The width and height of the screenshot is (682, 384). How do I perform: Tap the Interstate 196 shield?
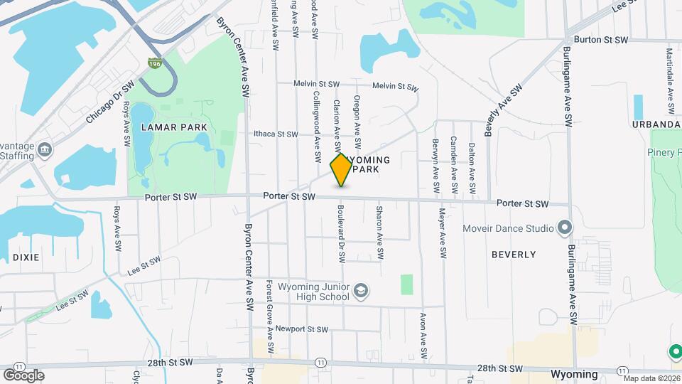click(x=155, y=64)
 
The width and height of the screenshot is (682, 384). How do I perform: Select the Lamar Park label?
click(x=174, y=127)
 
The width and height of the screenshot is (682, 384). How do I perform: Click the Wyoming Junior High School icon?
click(x=361, y=291)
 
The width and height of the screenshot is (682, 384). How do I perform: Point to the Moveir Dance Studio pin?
click(x=565, y=228)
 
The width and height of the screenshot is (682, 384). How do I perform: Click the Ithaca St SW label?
click(x=276, y=134)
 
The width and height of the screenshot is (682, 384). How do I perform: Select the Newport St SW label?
click(x=302, y=329)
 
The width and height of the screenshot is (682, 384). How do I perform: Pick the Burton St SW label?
click(x=601, y=40)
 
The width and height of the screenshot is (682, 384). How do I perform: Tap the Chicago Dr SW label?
click(x=109, y=102)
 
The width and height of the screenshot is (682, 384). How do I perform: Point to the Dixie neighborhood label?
click(x=26, y=257)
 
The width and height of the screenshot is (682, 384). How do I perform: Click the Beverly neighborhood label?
click(x=514, y=254)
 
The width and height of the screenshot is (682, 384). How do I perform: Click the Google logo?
click(x=23, y=375)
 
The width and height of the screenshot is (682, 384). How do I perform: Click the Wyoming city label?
click(x=574, y=374)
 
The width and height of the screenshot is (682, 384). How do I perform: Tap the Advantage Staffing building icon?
click(x=45, y=149)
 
